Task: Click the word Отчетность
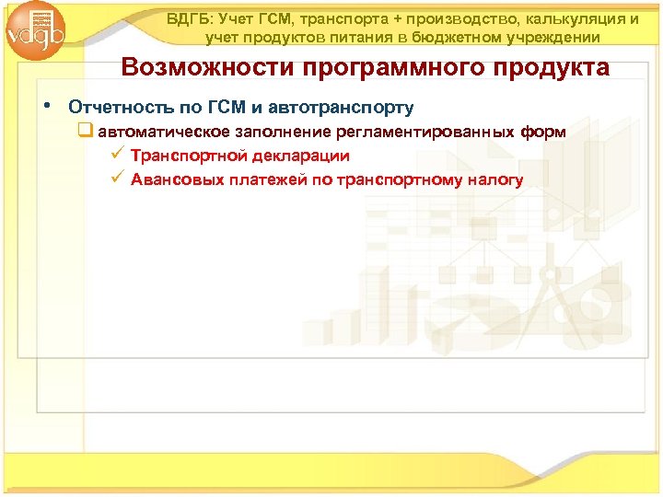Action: (x=120, y=108)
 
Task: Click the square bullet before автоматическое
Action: (x=86, y=133)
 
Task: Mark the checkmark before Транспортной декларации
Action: (x=115, y=156)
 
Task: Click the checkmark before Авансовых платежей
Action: (x=115, y=179)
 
